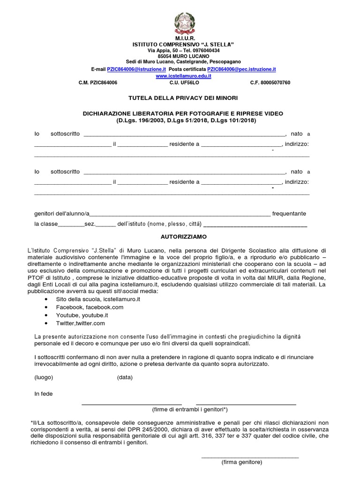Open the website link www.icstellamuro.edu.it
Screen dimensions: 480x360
click(183, 75)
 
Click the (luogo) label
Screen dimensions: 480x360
click(44, 377)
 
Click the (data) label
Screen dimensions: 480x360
click(125, 377)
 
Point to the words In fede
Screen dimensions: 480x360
click(44, 394)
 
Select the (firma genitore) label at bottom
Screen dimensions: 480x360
click(242, 462)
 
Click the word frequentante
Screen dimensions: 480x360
click(289, 213)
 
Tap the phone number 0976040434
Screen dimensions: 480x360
click(202, 50)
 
